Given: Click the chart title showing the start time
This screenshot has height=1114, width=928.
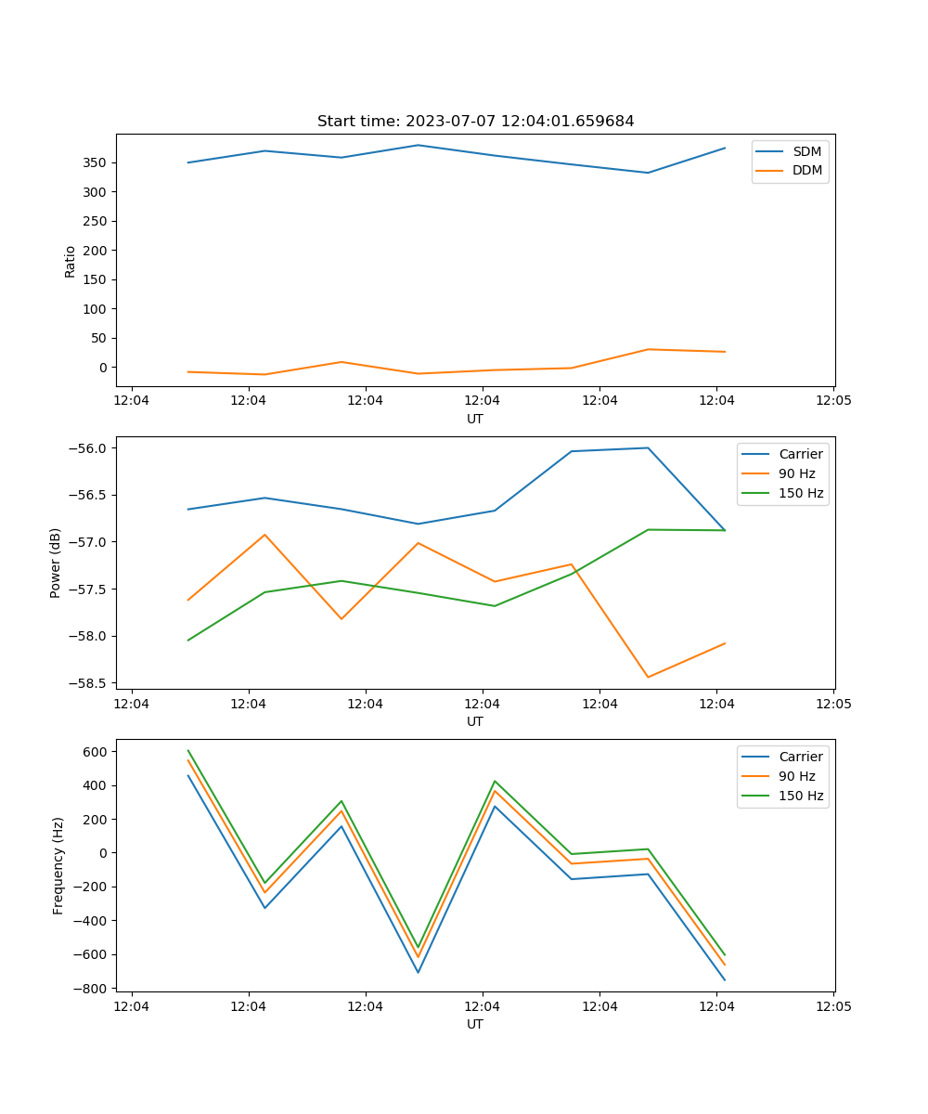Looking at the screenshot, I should tap(475, 122).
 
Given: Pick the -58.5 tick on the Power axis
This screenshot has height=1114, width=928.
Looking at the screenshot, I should tap(91, 683).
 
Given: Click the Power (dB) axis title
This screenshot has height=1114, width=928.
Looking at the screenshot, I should tap(56, 563).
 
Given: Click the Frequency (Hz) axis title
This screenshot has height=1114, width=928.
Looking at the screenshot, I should tap(58, 865).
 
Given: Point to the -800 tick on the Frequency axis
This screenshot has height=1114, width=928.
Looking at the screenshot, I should tap(93, 989).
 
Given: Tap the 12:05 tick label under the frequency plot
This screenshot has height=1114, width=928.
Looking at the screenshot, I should tap(832, 1005).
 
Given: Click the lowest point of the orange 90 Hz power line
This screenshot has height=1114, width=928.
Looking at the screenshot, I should tap(648, 677).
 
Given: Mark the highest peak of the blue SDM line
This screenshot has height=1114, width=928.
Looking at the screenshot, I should tap(418, 145).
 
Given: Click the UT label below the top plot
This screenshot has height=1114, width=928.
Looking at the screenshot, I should tap(475, 419).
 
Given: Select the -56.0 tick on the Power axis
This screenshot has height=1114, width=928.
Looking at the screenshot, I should tap(91, 448).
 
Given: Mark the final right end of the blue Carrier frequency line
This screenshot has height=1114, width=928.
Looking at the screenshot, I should tap(725, 979).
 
